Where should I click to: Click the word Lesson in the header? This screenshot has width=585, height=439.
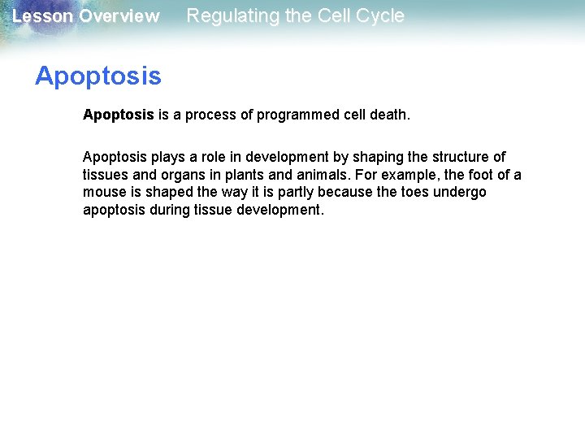[x=42, y=16]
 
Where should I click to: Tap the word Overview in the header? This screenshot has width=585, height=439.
[x=119, y=16]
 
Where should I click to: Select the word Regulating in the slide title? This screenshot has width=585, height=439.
[x=228, y=15]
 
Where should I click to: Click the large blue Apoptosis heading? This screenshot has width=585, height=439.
[x=97, y=76]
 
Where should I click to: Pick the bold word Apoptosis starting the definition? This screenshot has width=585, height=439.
[x=118, y=115]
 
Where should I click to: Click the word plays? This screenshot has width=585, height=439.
[x=168, y=157]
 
